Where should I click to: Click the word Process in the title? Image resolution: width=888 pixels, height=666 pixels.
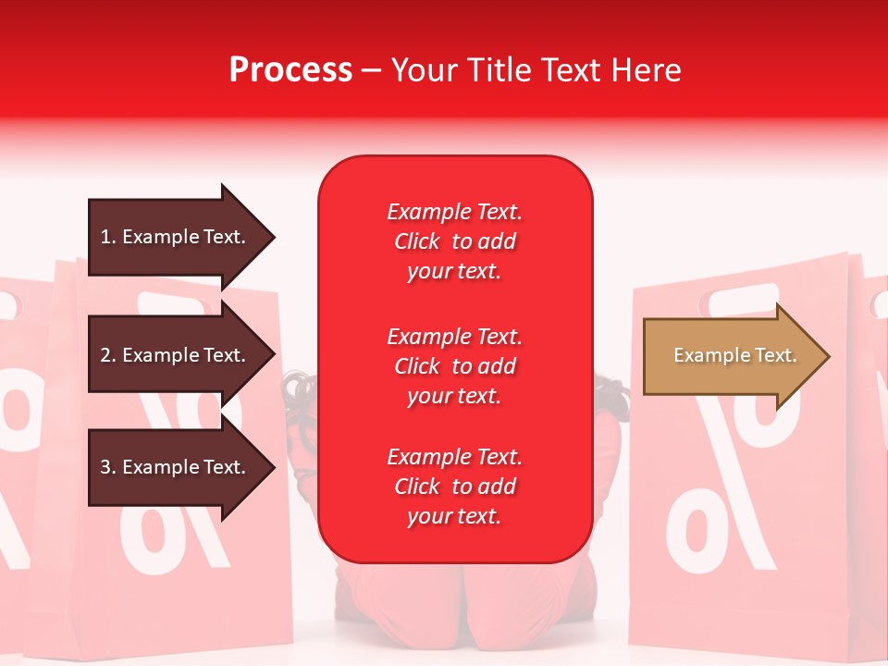point(290,70)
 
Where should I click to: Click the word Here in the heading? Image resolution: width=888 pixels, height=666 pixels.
point(646,70)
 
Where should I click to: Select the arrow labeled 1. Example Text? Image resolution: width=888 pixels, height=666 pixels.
point(173,237)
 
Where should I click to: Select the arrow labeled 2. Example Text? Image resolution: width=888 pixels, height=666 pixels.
point(173,355)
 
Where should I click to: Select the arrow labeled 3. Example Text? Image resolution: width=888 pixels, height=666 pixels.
point(173,467)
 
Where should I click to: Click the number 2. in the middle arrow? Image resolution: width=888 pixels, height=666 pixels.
point(107,355)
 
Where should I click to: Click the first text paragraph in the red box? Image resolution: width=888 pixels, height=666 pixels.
point(454,241)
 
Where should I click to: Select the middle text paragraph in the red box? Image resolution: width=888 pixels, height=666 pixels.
point(454,366)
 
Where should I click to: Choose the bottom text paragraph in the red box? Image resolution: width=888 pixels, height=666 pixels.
point(454,487)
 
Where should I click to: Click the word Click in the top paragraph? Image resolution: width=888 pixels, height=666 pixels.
point(417,241)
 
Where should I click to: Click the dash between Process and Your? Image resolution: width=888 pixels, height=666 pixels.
point(372,70)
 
